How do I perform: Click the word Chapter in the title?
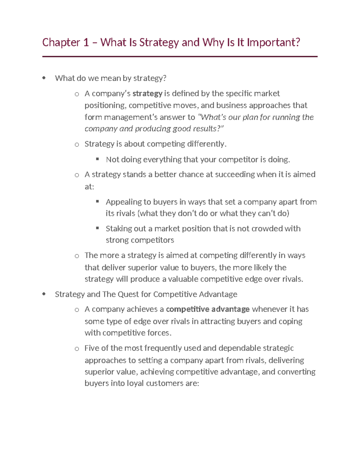(61, 42)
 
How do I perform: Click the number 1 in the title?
(86, 42)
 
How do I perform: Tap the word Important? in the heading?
(273, 42)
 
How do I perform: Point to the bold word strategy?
(147, 94)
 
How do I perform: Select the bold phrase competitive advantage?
(208, 309)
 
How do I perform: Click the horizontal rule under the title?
(180, 56)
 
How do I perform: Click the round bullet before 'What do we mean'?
(44, 78)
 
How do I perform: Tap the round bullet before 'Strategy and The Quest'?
(44, 294)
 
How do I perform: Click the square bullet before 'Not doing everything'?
(97, 159)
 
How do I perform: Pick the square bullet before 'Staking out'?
(97, 228)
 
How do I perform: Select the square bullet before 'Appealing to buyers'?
(97, 201)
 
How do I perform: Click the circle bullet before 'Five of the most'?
(77, 349)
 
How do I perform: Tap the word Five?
(92, 348)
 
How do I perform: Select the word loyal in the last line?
(135, 383)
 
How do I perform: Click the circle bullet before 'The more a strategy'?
(77, 256)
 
